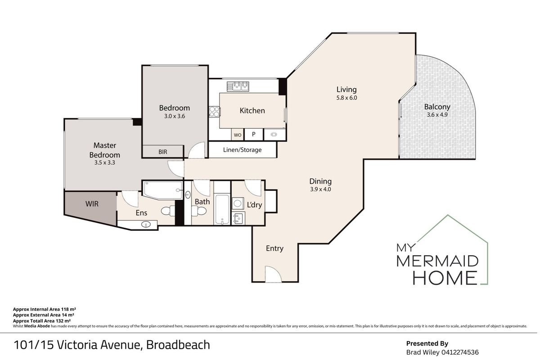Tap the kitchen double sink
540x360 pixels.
click(238, 85)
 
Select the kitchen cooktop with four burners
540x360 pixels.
click(213, 111)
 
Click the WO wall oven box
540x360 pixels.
click(238, 134)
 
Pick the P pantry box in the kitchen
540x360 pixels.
click(253, 134)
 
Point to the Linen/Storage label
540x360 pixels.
click(242, 150)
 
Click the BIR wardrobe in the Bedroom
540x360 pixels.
click(163, 152)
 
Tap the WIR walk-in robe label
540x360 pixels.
click(92, 204)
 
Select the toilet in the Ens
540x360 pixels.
click(167, 211)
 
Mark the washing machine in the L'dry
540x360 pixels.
click(238, 204)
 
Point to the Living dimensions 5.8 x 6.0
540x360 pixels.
click(346, 98)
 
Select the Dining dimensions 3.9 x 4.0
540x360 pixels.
click(320, 189)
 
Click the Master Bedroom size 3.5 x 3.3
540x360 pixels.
click(104, 163)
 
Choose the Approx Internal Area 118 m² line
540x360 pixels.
click(44, 310)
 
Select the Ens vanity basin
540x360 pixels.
click(144, 224)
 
